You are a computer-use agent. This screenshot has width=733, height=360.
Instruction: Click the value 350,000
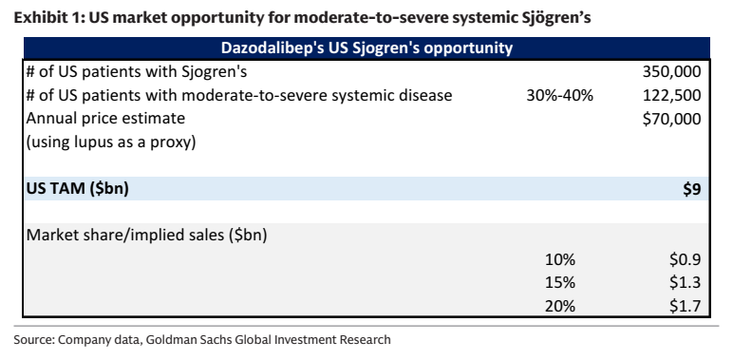coord(672,72)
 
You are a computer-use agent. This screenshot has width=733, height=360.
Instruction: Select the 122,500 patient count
coord(672,95)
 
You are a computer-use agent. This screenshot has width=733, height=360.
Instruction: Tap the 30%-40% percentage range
coord(559,95)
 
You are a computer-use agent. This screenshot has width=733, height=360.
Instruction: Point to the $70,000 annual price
coord(672,119)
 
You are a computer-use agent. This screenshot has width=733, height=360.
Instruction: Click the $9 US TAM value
coord(692,189)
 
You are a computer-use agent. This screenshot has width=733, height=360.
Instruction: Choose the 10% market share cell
coord(560,259)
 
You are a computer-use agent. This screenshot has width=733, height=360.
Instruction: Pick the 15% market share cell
coord(560,283)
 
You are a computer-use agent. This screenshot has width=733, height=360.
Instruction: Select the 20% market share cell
coord(560,306)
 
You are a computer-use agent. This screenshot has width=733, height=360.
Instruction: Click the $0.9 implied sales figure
coord(685,259)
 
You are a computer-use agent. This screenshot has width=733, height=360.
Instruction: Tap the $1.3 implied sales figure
coord(685,283)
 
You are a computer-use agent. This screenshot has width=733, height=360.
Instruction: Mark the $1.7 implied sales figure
coord(685,306)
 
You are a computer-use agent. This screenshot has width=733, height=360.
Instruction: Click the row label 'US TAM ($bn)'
coord(78,189)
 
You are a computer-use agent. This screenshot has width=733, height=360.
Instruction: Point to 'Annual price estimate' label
coord(105,119)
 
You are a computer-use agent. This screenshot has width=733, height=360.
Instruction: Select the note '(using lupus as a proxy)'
coord(111,142)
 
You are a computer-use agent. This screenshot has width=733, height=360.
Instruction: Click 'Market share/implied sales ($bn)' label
coord(146,236)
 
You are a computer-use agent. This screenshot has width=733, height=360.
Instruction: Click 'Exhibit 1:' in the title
coord(48,18)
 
